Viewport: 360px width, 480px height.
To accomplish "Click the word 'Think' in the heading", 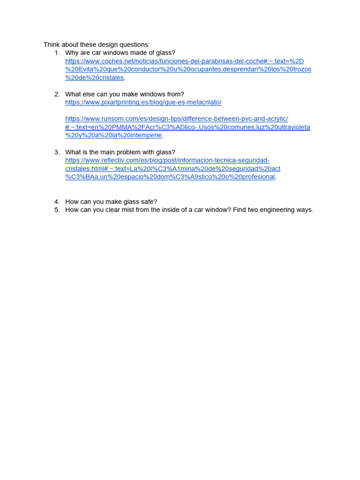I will click(x=52, y=45).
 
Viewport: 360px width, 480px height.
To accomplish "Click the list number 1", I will click(x=56, y=53).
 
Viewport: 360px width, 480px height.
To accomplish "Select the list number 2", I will click(x=56, y=94).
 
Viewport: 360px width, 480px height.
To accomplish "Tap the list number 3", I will click(x=56, y=152).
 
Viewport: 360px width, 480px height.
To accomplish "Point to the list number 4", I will click(x=56, y=202).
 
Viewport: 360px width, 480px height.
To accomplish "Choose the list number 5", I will click(x=56, y=210).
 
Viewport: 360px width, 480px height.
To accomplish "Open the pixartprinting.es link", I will click(x=143, y=102).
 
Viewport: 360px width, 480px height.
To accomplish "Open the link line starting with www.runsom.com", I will click(x=176, y=119).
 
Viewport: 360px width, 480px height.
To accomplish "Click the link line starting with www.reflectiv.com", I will click(x=167, y=160).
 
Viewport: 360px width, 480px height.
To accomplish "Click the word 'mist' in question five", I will click(x=120, y=210).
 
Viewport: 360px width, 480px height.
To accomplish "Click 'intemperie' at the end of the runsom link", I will click(x=146, y=135).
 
